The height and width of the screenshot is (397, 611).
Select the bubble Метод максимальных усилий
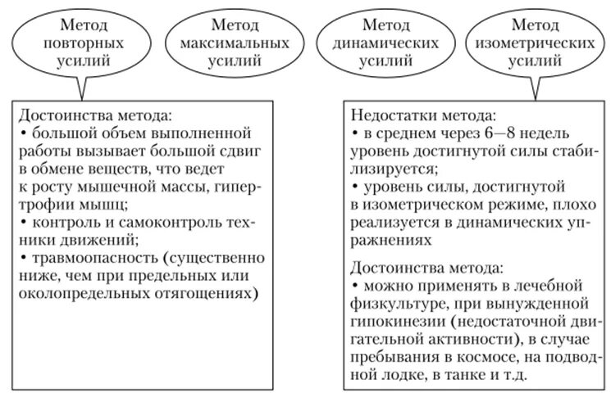[x=223, y=42]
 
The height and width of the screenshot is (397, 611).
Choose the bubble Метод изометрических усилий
[x=530, y=42]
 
